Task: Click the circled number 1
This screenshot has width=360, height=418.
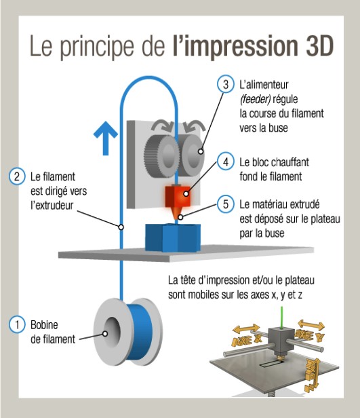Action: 18,324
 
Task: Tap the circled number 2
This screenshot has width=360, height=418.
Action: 17,176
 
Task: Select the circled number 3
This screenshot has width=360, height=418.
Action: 226,84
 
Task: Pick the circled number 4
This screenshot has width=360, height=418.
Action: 226,161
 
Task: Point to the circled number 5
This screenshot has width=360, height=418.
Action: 226,204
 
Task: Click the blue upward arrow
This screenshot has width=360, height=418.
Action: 106,138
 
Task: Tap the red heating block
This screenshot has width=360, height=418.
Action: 178,197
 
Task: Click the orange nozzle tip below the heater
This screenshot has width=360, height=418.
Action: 176,213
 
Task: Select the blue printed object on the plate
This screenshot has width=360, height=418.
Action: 173,237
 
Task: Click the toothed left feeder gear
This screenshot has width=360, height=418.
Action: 161,155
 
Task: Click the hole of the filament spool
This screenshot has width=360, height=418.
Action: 112,332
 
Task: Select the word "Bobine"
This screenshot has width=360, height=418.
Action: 44,324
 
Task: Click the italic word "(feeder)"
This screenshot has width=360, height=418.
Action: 255,100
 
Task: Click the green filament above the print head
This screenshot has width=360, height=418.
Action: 282,318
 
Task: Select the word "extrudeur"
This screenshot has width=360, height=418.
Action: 52,206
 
